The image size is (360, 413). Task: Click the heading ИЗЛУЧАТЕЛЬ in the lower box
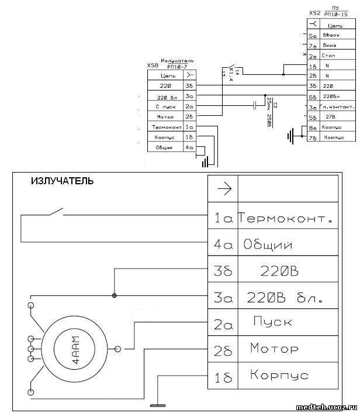61,181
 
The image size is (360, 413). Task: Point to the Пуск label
273,322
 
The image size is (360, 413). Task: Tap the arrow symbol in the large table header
224,188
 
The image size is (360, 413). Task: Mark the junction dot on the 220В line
114,296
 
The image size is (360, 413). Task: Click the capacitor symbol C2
254,105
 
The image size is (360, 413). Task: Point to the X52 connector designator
314,12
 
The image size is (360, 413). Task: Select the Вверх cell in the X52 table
331,36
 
